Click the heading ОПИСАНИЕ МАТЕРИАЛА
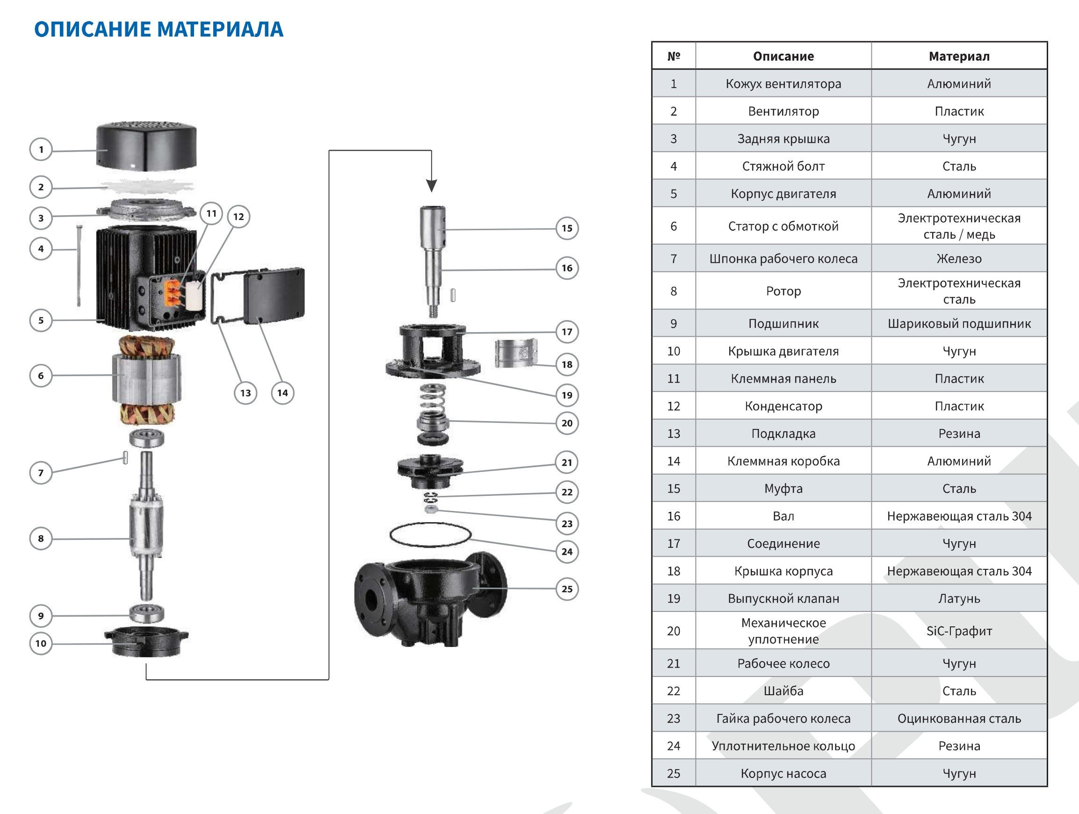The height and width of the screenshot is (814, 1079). click(158, 29)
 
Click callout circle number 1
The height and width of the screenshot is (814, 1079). click(41, 149)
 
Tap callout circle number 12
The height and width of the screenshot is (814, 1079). click(238, 217)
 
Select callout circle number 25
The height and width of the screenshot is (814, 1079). click(567, 589)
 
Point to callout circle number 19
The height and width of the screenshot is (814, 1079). click(567, 395)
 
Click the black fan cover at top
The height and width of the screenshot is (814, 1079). click(146, 146)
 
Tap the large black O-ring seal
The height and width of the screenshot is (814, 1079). click(430, 535)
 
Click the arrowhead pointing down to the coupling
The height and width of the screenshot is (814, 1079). click(431, 185)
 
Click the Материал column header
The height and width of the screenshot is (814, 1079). click(958, 56)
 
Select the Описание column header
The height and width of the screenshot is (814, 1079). click(783, 56)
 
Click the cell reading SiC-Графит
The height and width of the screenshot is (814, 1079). click(958, 631)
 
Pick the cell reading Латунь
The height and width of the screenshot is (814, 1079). click(958, 598)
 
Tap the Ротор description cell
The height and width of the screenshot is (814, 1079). click(783, 291)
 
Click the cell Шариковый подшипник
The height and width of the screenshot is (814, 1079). click(958, 323)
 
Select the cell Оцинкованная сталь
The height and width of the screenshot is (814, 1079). click(958, 719)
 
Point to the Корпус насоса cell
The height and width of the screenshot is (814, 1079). click(783, 773)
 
